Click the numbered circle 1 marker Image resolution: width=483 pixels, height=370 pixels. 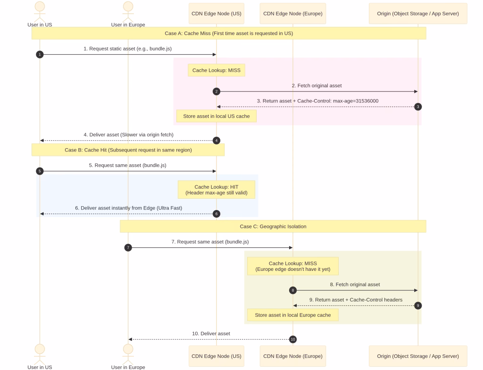pos(40,55)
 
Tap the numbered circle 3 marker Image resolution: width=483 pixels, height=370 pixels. pos(418,107)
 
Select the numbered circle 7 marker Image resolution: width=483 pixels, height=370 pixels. pos(128,248)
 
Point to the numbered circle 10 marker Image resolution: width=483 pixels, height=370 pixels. pos(292,339)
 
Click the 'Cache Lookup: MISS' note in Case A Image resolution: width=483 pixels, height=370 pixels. pos(217,70)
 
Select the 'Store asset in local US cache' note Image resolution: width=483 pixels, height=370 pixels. pos(216,116)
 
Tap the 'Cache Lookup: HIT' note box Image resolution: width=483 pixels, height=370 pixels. pos(216,190)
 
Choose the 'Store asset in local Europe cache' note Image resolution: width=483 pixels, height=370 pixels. pos(292,315)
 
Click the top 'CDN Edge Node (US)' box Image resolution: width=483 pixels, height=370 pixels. pos(217,14)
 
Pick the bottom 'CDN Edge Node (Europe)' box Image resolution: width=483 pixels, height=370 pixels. pos(292,356)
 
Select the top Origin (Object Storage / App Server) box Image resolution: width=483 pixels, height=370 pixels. pos(418,14)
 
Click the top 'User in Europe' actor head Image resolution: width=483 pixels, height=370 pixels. pos(128,6)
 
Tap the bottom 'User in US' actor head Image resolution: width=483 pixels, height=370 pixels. pos(40,349)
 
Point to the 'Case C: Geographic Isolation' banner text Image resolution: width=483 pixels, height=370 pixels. pos(273,227)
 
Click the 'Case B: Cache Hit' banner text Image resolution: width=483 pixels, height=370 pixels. pos(128,150)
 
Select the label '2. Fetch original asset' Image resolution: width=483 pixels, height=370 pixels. pos(316,86)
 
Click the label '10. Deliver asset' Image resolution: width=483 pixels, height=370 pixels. pos(211,334)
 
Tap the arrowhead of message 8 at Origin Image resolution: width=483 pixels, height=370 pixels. pos(416,290)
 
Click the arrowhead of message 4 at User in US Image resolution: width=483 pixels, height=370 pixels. pos(42,141)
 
